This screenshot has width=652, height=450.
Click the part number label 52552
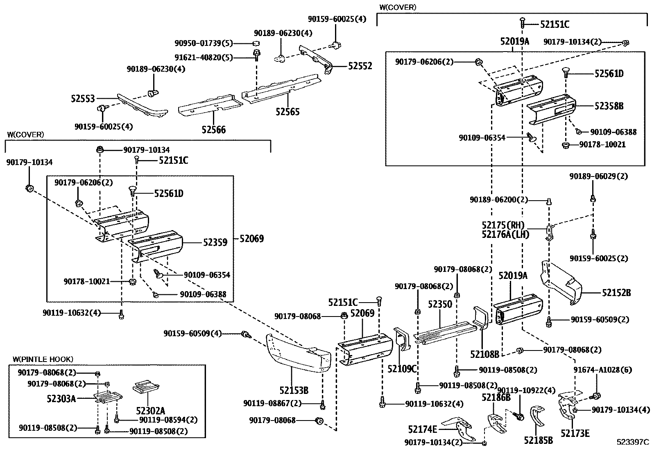(360, 66)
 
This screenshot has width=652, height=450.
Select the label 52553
(83, 99)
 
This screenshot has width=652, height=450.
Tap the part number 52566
(214, 129)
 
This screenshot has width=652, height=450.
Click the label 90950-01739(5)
(204, 43)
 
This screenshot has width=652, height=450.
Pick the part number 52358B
(609, 106)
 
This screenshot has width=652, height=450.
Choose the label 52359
(215, 242)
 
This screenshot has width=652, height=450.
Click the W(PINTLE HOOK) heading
(43, 359)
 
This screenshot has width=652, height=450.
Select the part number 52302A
(150, 410)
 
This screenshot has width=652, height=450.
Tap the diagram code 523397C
(633, 442)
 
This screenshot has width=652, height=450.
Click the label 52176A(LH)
(505, 234)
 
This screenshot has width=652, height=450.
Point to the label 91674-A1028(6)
(603, 370)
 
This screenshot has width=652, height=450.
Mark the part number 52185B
(538, 441)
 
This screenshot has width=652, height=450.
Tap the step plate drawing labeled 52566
(210, 104)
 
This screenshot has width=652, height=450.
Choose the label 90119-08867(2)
(272, 403)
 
